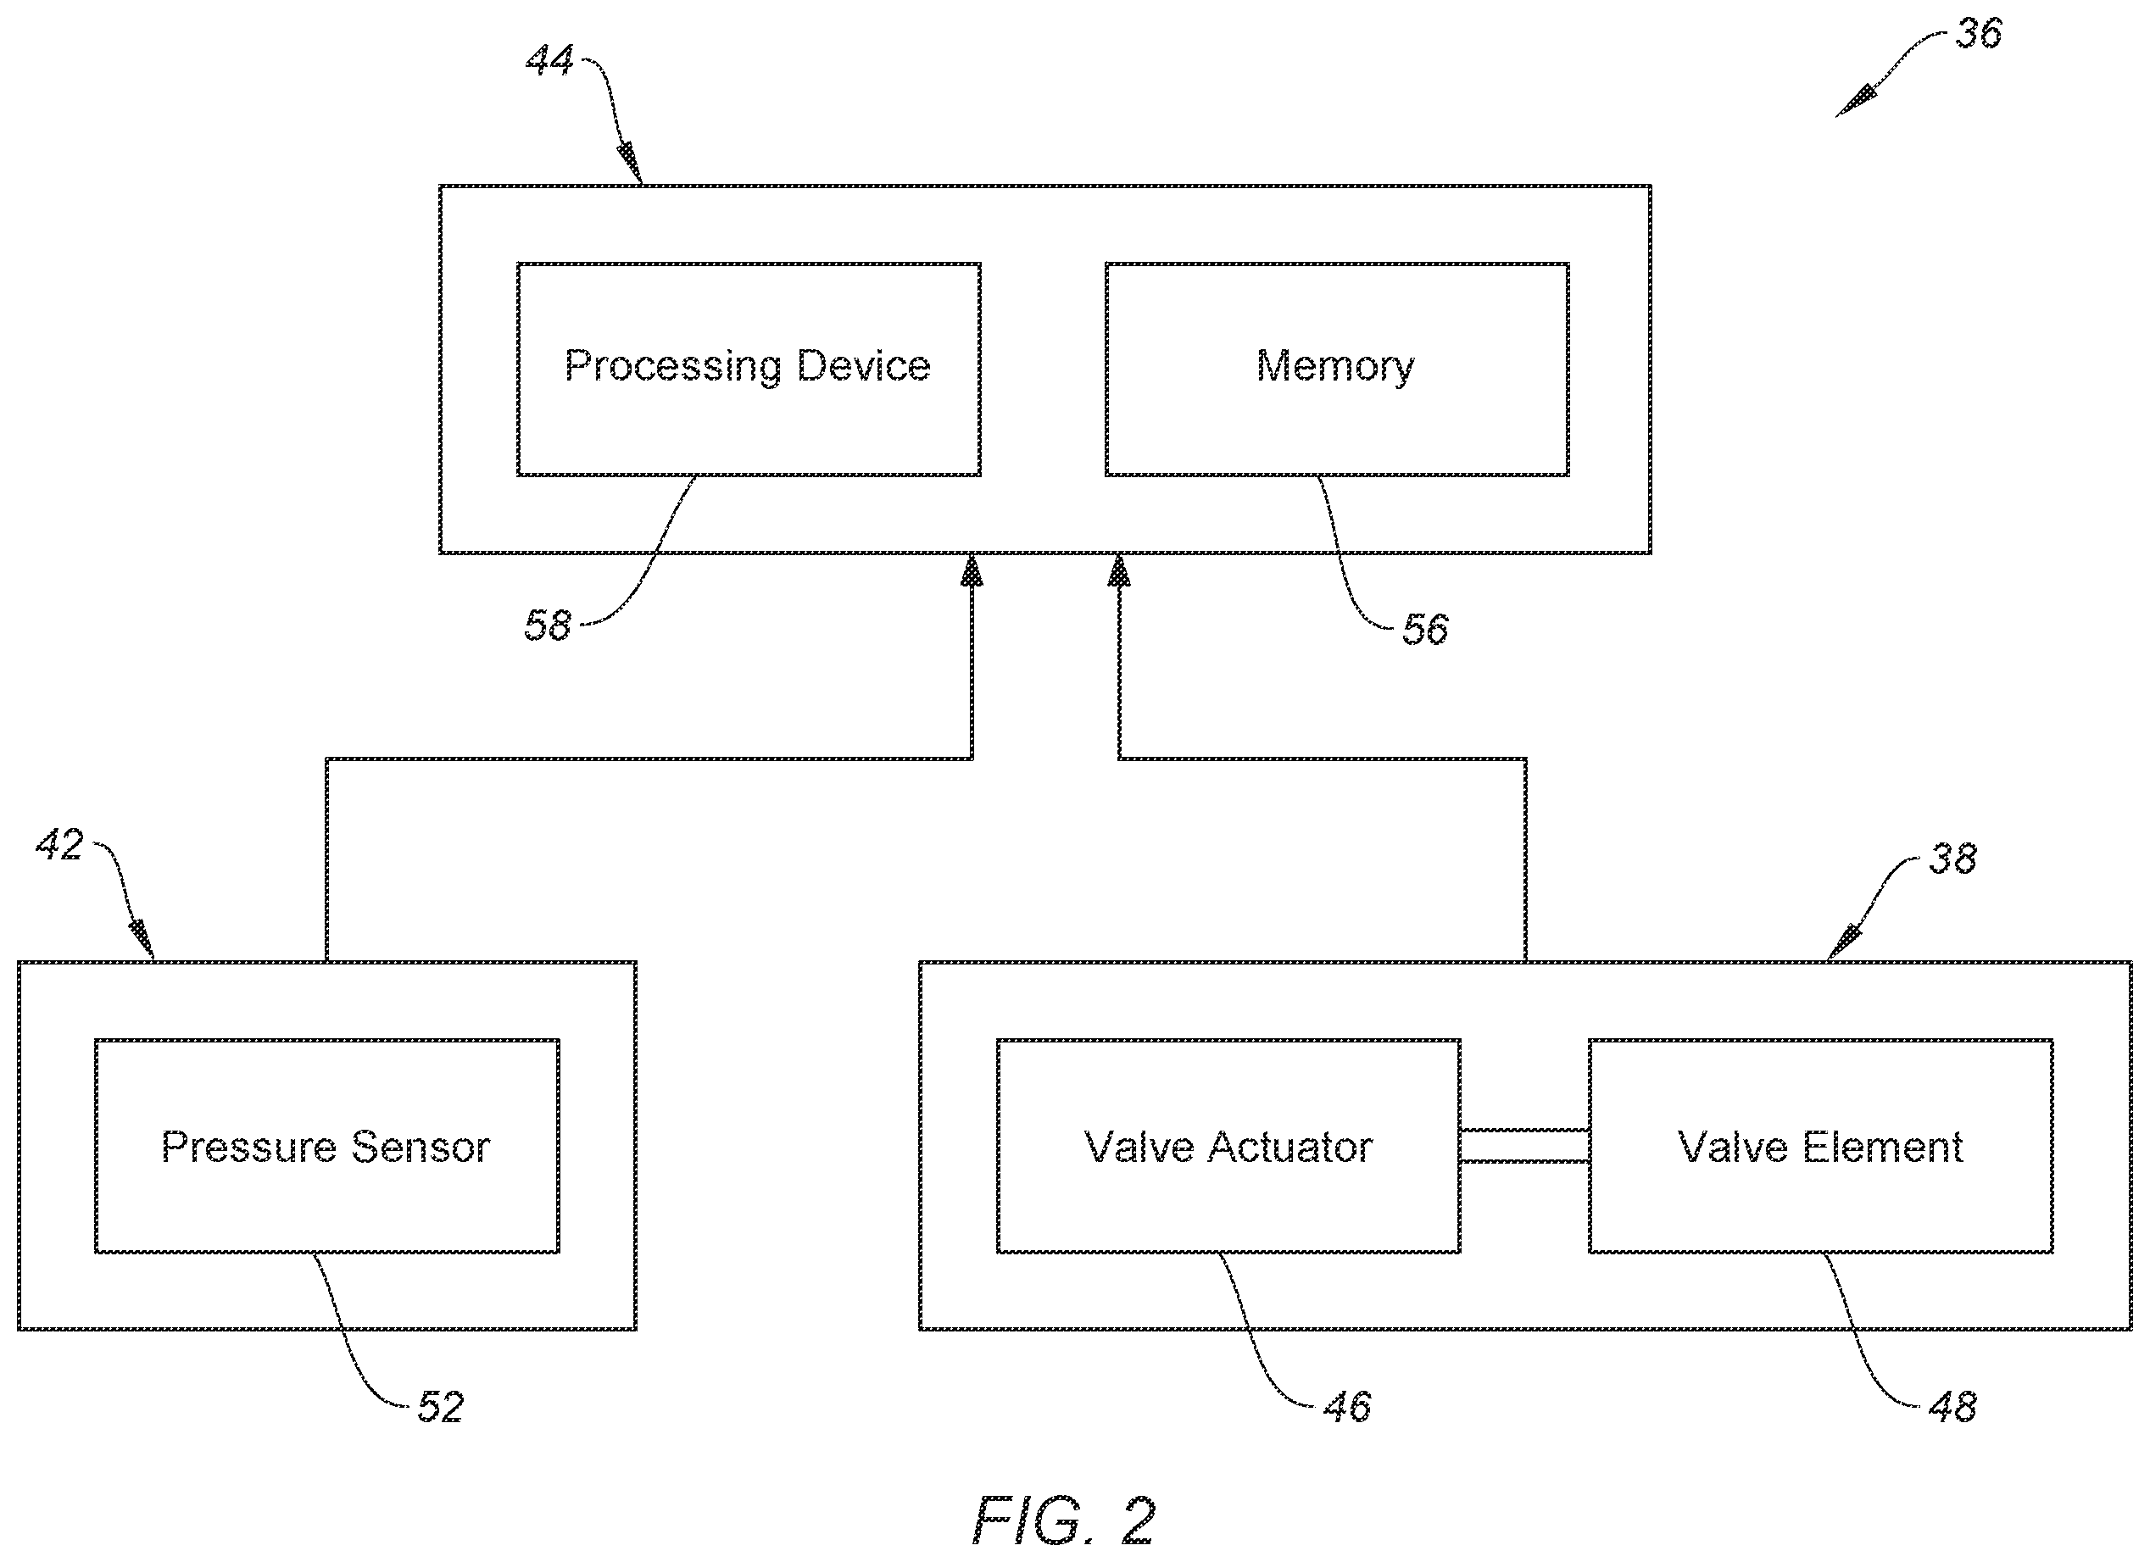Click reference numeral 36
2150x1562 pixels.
(x=1979, y=33)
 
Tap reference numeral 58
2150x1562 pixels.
(x=548, y=625)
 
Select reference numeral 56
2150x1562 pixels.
(x=1425, y=630)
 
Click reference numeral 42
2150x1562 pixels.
(x=59, y=844)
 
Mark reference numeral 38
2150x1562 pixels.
(x=1952, y=859)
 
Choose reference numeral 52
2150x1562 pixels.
(x=441, y=1408)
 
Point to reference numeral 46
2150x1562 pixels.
(x=1347, y=1407)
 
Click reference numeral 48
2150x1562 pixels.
(x=1952, y=1407)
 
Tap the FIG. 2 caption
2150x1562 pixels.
(x=1064, y=1521)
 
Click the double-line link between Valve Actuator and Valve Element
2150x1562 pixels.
(x=1524, y=1146)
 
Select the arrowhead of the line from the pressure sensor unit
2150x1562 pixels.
(x=972, y=571)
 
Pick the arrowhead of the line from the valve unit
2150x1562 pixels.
(x=1120, y=571)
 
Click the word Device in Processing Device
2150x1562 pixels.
(x=863, y=366)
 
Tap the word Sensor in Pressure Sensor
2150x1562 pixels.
(x=421, y=1148)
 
